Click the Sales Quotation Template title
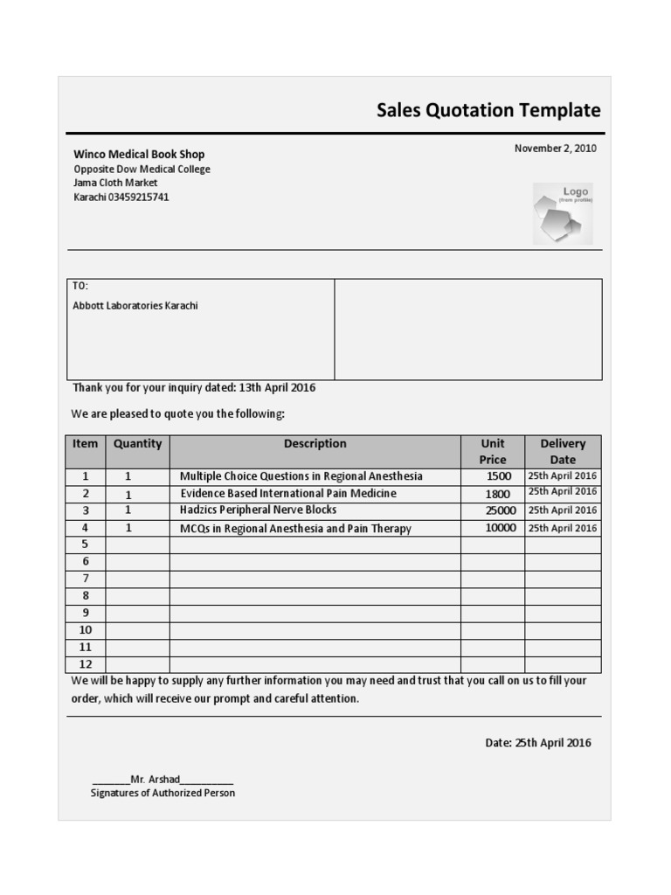[x=488, y=111]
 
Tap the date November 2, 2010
[x=555, y=149]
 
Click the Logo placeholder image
[x=562, y=213]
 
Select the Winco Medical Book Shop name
[x=139, y=154]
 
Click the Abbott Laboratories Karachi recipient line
[x=135, y=306]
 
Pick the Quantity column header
[x=137, y=444]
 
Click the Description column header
[x=315, y=444]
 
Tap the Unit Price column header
[x=493, y=451]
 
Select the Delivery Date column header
[x=563, y=451]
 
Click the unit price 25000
[x=501, y=510]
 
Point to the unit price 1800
[x=497, y=494]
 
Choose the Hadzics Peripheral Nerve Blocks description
[x=258, y=510]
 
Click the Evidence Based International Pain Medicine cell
[x=287, y=493]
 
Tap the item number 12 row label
[x=86, y=664]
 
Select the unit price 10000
[x=501, y=528]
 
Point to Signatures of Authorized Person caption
[x=163, y=793]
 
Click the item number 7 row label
[x=86, y=579]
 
